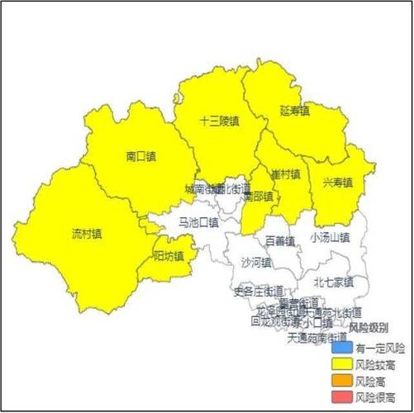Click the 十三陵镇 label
(x=219, y=121)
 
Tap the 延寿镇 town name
(x=294, y=110)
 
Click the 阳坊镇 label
(x=169, y=255)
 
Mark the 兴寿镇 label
(x=337, y=182)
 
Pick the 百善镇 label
(x=280, y=241)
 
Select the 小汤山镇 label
(x=330, y=237)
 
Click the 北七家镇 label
(x=333, y=282)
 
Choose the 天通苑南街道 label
(x=316, y=338)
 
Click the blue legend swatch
(x=340, y=348)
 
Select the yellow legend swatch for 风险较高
(x=340, y=364)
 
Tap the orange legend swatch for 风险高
(x=340, y=381)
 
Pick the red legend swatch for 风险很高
(x=340, y=397)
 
